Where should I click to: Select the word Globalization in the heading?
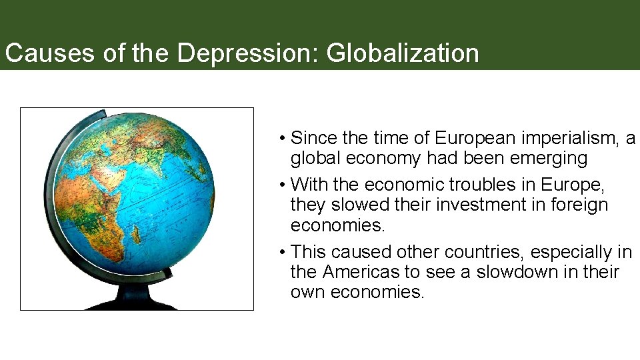(x=403, y=53)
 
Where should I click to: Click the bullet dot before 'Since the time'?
(x=283, y=139)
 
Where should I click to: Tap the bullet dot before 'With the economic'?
(x=283, y=185)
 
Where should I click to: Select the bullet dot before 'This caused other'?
(x=283, y=253)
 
